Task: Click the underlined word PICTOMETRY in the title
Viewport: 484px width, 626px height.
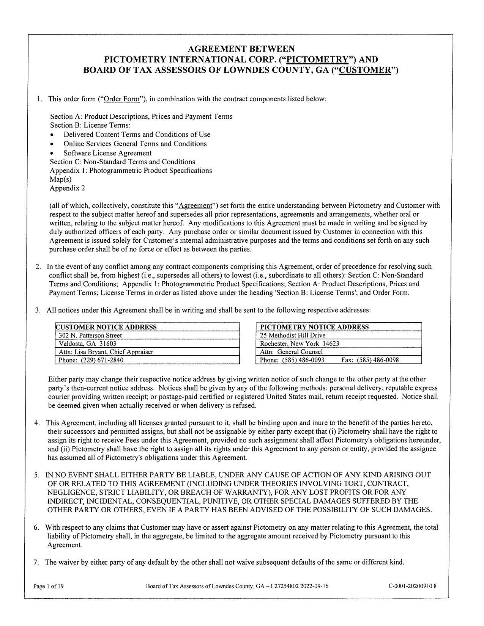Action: pos(317,60)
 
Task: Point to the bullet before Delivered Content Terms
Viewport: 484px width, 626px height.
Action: pos(56,135)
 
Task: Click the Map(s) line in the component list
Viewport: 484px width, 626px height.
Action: pos(61,179)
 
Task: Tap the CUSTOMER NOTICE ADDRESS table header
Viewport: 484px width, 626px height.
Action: pos(106,327)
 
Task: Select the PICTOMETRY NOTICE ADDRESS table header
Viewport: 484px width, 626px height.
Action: pos(314,327)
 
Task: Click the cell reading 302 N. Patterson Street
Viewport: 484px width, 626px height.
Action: pos(90,335)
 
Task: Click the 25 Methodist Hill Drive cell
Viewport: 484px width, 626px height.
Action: pos(293,335)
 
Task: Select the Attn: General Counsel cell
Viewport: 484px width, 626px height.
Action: pos(291,351)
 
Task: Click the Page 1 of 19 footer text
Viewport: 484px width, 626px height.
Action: pos(49,586)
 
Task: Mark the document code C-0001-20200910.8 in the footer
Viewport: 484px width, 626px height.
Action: pos(413,586)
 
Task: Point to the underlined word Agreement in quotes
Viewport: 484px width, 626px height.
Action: pos(195,206)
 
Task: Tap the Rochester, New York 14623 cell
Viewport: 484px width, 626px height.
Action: pos(300,344)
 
